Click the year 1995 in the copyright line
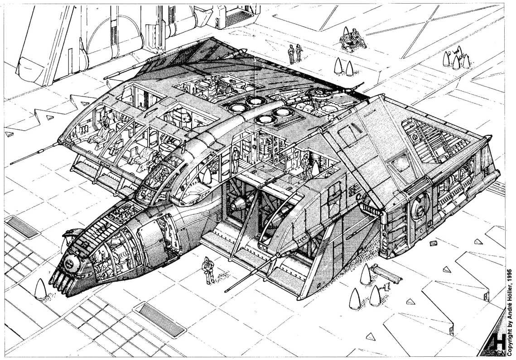pyautogui.click(x=510, y=275)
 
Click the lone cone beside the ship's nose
pyautogui.click(x=40, y=289)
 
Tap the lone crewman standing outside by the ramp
pyautogui.click(x=208, y=270)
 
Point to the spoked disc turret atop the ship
pyautogui.click(x=319, y=95)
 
